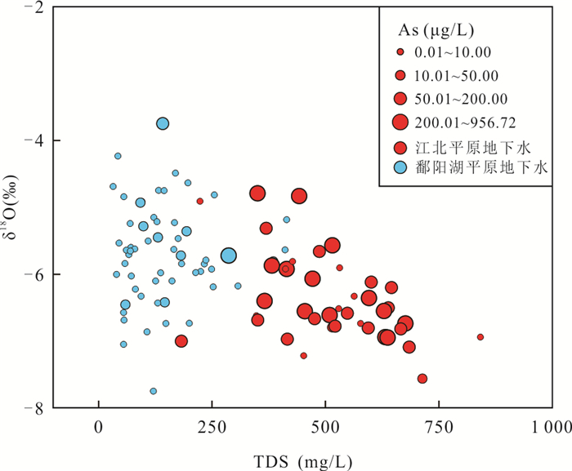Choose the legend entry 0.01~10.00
(452, 53)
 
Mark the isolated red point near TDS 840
(480, 336)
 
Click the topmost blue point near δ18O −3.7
(163, 123)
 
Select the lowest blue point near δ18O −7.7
(153, 391)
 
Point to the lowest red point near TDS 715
(422, 378)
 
